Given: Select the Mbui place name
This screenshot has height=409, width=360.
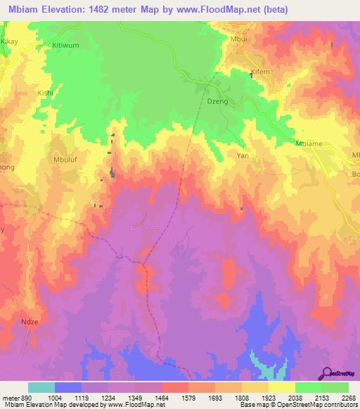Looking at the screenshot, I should click(x=239, y=40).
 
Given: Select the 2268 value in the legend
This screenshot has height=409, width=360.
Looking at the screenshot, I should click(x=349, y=396).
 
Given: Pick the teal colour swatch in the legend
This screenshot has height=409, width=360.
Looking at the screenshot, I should click(x=41, y=387).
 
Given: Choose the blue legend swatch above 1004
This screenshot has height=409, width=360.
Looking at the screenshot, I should click(x=68, y=387).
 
